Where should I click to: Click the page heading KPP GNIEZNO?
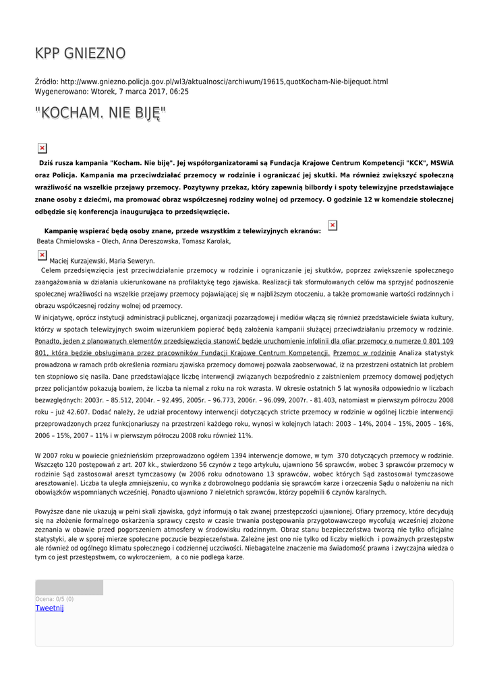(x=80, y=53)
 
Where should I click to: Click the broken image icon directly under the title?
(x=42, y=148)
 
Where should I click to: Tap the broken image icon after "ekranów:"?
(x=332, y=225)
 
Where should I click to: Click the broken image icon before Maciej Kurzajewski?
(x=42, y=255)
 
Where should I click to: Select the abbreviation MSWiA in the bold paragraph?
(x=439, y=162)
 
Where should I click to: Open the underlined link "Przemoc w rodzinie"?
(x=364, y=352)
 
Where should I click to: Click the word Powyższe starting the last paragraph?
(x=50, y=511)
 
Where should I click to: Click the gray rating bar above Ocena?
(x=69, y=588)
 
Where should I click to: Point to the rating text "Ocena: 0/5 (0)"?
(x=55, y=598)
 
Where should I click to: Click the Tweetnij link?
(x=49, y=608)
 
